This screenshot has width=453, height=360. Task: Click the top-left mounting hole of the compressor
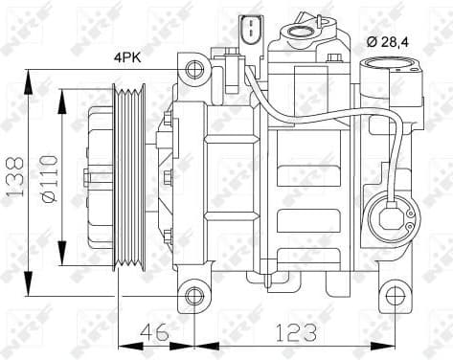[x=194, y=68]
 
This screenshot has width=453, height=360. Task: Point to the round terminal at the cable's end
[x=396, y=214]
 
